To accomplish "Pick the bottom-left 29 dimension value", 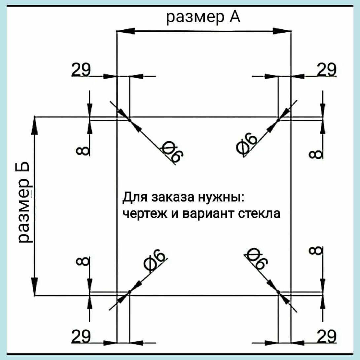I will click(81, 337).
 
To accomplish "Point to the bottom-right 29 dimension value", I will click(326, 337).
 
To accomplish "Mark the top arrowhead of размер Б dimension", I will click(34, 126).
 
